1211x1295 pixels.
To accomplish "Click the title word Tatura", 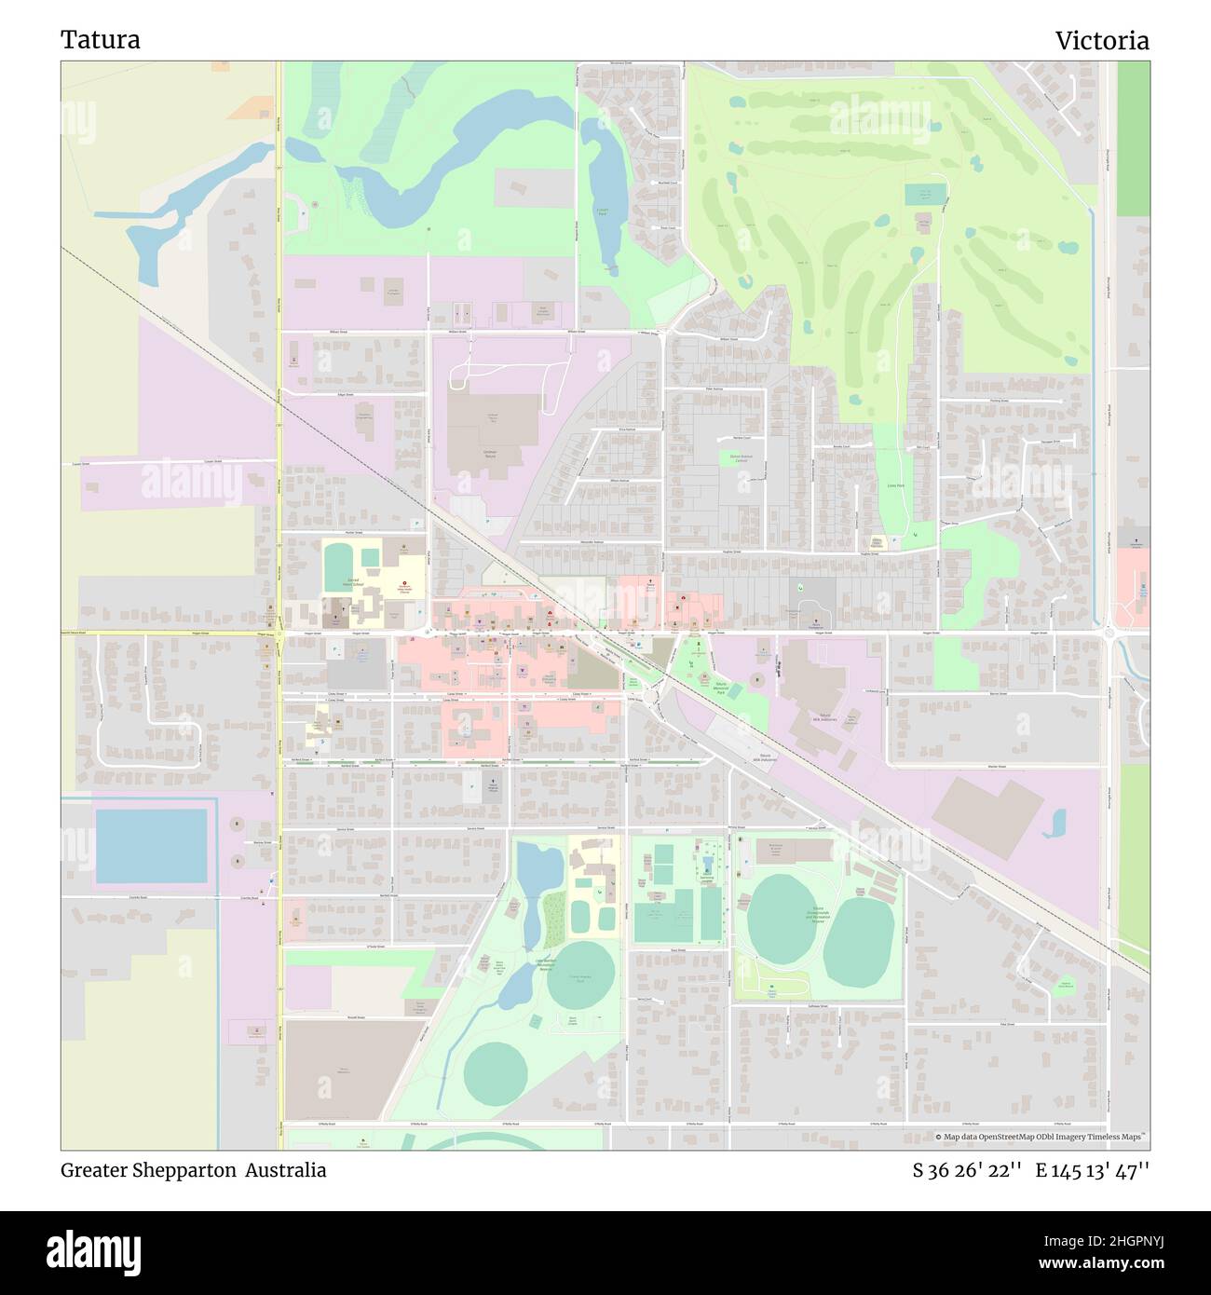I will pyautogui.click(x=101, y=40).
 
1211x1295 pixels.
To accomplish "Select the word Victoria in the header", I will pyautogui.click(x=1101, y=40).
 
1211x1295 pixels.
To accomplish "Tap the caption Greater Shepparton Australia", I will pyautogui.click(x=194, y=1170).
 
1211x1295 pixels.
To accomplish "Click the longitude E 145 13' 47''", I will pyautogui.click(x=1092, y=1170).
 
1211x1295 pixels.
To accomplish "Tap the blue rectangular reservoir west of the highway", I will pyautogui.click(x=151, y=845).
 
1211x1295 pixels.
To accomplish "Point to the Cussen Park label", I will pyautogui.click(x=602, y=212).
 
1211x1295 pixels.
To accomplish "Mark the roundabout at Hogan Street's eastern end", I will pyautogui.click(x=1110, y=634).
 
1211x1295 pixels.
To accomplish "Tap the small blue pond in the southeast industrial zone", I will pyautogui.click(x=1057, y=822).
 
